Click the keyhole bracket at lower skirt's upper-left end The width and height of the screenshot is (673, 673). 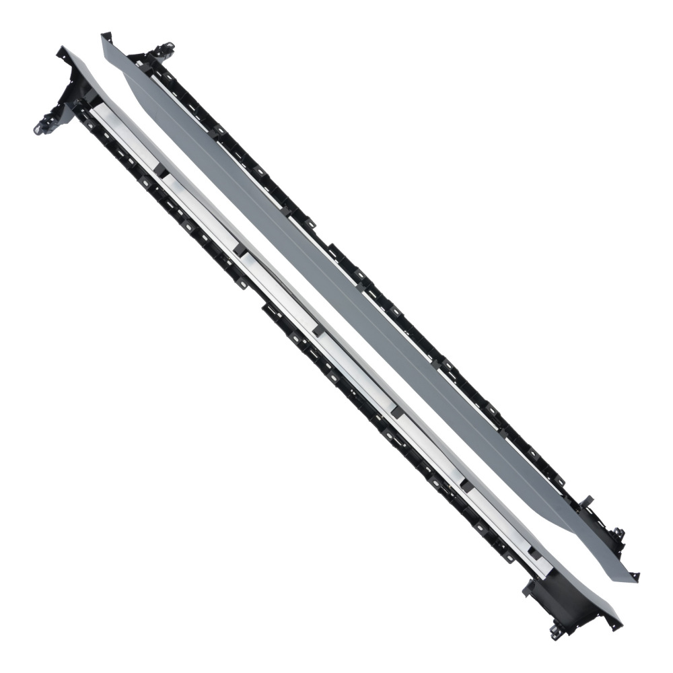tap(44, 125)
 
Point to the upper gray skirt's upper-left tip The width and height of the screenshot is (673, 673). tap(104, 35)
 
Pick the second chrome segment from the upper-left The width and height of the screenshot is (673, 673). tap(202, 212)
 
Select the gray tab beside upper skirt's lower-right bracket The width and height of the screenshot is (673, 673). tap(587, 501)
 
